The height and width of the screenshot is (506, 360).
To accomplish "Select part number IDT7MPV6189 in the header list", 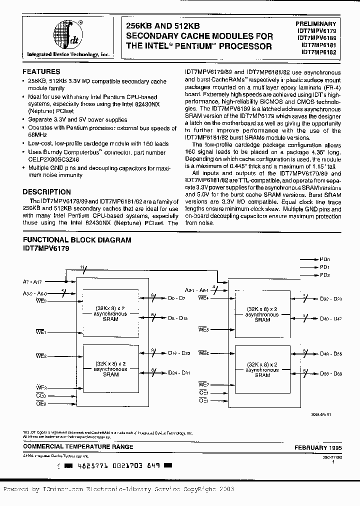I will click(x=318, y=37).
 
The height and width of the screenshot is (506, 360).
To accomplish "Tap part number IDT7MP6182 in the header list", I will click(x=319, y=51).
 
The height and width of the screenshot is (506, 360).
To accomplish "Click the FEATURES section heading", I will click(x=41, y=71).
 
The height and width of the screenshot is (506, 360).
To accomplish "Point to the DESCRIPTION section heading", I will click(x=47, y=191).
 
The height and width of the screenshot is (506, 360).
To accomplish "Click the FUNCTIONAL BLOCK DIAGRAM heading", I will click(x=77, y=240).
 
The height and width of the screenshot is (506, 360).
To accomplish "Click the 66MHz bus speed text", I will click(x=37, y=135).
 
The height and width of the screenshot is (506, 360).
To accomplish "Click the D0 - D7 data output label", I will click(x=177, y=298).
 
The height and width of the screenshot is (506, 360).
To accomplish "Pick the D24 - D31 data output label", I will click(x=178, y=372).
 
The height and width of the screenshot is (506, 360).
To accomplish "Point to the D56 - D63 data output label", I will click(x=331, y=373).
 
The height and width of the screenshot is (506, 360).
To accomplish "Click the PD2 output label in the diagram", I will click(x=325, y=275).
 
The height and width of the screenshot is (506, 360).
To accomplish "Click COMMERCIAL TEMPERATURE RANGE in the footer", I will click(x=78, y=446).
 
